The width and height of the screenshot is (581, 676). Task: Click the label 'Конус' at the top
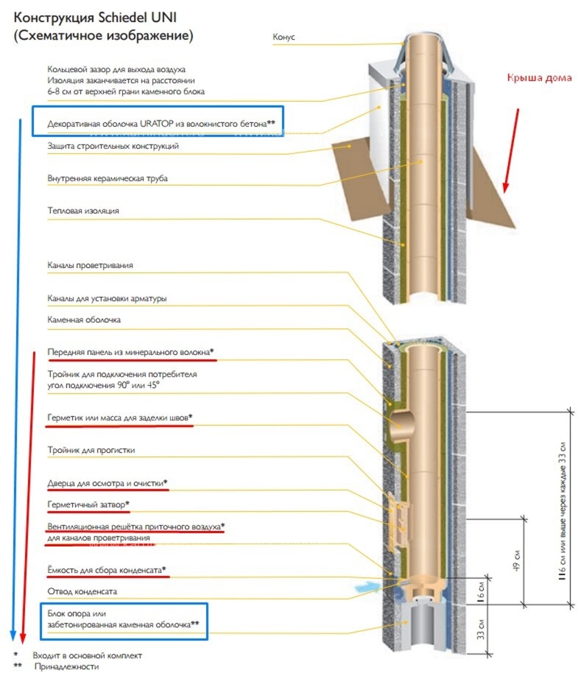pyautogui.click(x=284, y=37)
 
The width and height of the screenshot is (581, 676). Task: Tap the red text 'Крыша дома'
pyautogui.click(x=539, y=78)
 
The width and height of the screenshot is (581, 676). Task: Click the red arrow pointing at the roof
pyautogui.click(x=511, y=150)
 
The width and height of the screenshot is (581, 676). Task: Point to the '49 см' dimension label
pyautogui.click(x=517, y=560)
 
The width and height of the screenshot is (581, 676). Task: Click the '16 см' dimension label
pyautogui.click(x=481, y=591)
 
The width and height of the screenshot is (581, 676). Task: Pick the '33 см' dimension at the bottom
pyautogui.click(x=481, y=630)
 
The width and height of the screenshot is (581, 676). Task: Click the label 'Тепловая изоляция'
pyautogui.click(x=83, y=211)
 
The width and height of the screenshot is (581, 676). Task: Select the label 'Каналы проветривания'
pyautogui.click(x=90, y=266)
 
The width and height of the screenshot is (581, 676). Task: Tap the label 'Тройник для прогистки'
pyautogui.click(x=91, y=450)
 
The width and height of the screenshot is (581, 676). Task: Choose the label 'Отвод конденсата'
pyautogui.click(x=82, y=591)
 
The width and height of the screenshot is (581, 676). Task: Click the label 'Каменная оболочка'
pyautogui.click(x=84, y=320)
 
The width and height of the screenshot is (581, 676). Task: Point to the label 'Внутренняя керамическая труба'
pyautogui.click(x=108, y=178)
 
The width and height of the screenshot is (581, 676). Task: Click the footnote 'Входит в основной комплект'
pyautogui.click(x=87, y=655)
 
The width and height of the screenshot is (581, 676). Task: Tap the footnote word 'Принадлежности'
pyautogui.click(x=66, y=667)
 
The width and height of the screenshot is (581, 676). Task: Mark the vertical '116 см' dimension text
pyautogui.click(x=562, y=511)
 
